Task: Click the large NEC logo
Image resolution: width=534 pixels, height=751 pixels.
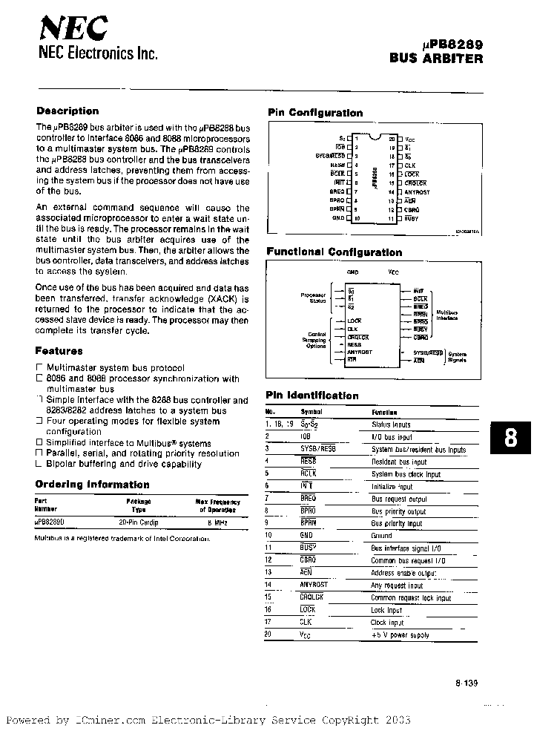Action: [x=73, y=29]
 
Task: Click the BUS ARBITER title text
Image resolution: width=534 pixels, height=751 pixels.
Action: [x=436, y=59]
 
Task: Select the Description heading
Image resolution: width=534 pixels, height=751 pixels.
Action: [x=67, y=111]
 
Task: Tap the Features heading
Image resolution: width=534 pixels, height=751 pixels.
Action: [x=59, y=351]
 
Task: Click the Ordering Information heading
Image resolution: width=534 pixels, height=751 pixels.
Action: [x=92, y=485]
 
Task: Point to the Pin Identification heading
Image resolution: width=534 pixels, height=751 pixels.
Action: [x=311, y=396]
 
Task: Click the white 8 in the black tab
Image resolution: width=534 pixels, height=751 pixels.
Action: [x=510, y=439]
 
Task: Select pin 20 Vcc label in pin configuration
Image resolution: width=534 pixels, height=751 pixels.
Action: [x=410, y=138]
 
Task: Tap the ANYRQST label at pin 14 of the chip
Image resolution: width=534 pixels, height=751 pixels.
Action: [x=418, y=192]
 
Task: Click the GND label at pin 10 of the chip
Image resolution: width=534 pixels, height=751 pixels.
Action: [x=338, y=219]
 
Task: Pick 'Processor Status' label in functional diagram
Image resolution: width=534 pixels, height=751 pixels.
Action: [x=313, y=298]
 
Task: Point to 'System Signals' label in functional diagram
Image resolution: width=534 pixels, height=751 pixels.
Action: [x=457, y=356]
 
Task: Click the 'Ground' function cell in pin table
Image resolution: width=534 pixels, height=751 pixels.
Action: [x=381, y=534]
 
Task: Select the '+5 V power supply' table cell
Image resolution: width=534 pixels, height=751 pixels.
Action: [x=400, y=635]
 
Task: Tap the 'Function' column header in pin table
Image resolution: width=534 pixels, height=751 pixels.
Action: [x=384, y=413]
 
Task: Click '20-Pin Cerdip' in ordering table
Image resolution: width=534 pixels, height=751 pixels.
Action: [x=138, y=522]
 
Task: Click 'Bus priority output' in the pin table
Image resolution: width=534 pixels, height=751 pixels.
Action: [x=398, y=512]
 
